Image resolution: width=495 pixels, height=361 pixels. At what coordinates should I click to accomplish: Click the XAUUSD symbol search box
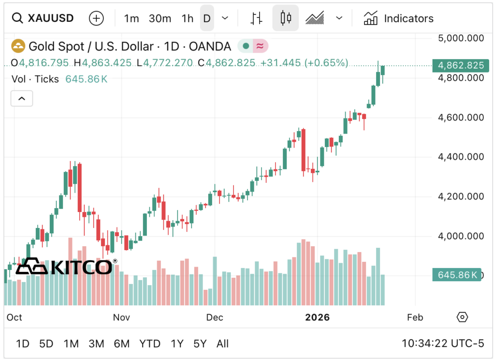click(44, 18)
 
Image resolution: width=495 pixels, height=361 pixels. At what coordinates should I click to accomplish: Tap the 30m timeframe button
click(160, 18)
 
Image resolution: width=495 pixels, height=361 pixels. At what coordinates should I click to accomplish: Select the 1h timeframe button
click(187, 18)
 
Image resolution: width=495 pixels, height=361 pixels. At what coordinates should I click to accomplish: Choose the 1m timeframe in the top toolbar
click(131, 18)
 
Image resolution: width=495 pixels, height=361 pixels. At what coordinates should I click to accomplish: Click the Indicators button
click(399, 18)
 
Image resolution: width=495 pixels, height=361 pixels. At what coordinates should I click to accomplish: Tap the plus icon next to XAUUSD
click(97, 18)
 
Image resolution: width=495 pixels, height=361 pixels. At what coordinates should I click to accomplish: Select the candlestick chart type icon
click(285, 18)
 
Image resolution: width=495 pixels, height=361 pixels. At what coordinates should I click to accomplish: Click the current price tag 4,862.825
click(459, 65)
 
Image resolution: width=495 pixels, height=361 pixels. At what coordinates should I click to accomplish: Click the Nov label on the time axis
click(121, 317)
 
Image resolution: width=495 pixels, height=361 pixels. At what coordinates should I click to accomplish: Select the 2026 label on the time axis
click(317, 317)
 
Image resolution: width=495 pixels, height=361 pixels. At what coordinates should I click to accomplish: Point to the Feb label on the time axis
click(415, 317)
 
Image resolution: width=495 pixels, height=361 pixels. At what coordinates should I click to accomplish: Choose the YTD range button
click(150, 344)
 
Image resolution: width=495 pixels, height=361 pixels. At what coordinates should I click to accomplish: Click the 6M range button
click(121, 344)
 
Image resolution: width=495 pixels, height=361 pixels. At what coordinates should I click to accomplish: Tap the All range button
click(222, 344)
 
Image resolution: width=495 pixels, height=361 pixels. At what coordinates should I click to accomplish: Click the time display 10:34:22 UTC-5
click(442, 344)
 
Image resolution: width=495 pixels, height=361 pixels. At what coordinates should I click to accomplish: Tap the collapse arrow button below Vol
click(22, 98)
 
